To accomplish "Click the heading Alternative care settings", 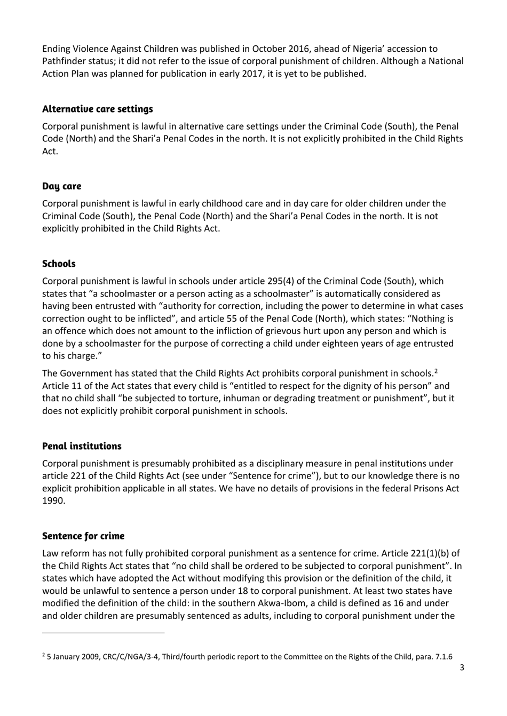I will [x=97, y=109].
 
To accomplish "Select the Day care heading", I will [x=61, y=186].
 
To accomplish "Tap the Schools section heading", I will [x=59, y=264].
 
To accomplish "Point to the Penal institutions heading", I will [x=82, y=446].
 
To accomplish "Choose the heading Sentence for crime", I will [x=83, y=536].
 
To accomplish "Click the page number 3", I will [x=462, y=667].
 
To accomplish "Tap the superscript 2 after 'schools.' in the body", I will [x=436, y=371].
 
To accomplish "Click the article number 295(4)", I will [x=280, y=281].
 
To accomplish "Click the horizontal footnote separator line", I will [x=104, y=633].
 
